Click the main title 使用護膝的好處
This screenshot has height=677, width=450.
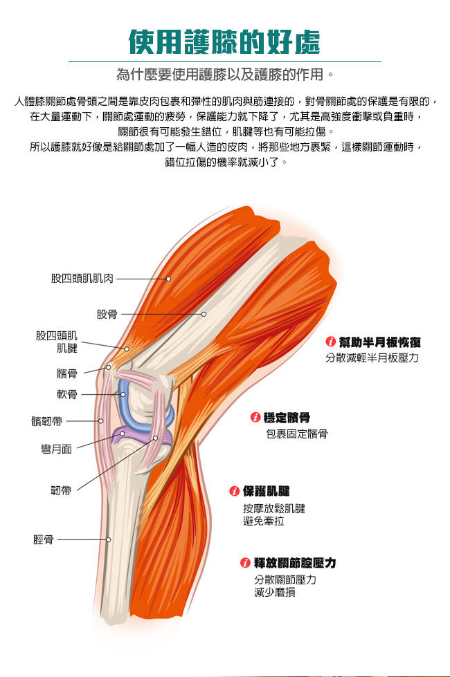click(x=225, y=43)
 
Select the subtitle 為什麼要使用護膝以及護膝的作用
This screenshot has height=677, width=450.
click(x=225, y=73)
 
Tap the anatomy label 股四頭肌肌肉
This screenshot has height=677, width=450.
click(x=82, y=278)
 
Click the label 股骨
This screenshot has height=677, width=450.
click(x=107, y=314)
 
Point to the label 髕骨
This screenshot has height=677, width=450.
click(x=67, y=373)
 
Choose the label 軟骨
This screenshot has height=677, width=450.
click(x=67, y=395)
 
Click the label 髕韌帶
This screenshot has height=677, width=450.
click(x=46, y=420)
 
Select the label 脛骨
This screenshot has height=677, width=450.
click(x=44, y=539)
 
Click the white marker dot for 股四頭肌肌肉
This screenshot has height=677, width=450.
click(x=168, y=279)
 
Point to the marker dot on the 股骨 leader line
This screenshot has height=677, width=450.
click(x=204, y=314)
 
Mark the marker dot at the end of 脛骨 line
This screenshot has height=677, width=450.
click(x=108, y=539)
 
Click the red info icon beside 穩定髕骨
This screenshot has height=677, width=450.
click(x=255, y=418)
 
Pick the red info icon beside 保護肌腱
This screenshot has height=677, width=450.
click(x=235, y=492)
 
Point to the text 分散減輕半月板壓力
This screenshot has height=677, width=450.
click(x=372, y=358)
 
